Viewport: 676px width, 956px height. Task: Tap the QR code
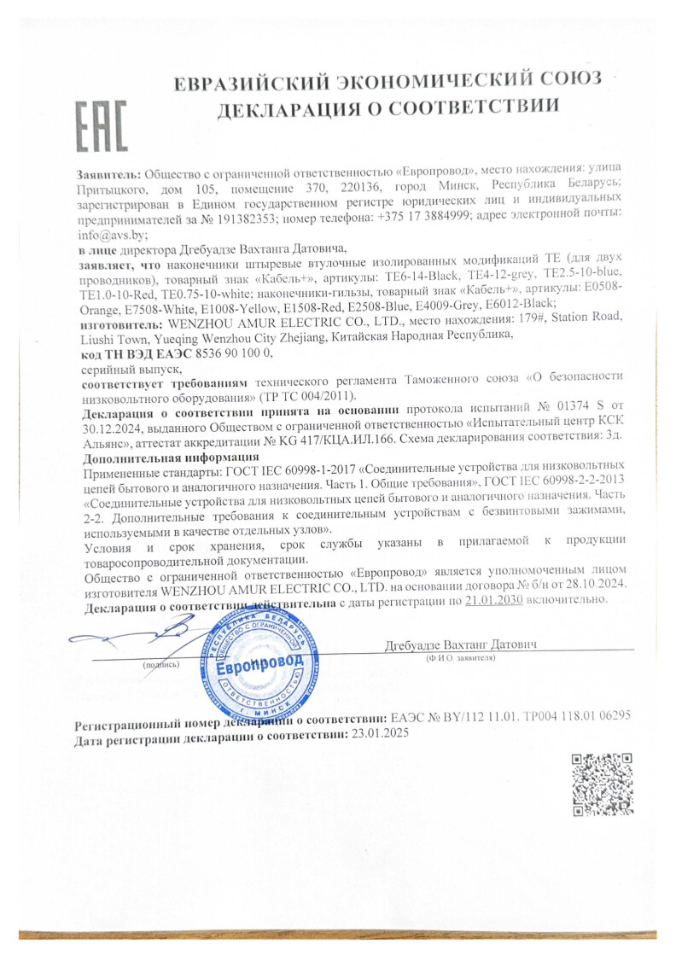602,784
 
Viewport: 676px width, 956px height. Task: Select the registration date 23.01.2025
375,733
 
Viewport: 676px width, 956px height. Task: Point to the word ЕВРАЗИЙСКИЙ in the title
256,83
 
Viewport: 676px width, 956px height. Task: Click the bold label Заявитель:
108,171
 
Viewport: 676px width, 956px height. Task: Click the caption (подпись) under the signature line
160,663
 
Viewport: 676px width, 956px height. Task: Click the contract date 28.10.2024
597,583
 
